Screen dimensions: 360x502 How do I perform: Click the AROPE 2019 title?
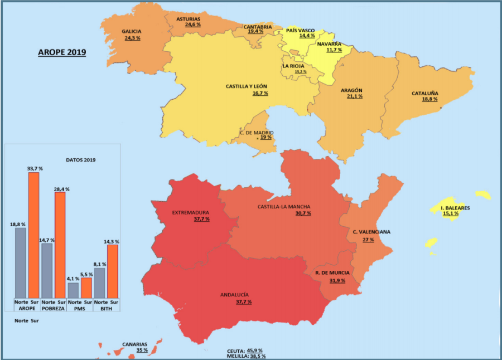pos(62,52)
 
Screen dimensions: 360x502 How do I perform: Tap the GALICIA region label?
pos(132,31)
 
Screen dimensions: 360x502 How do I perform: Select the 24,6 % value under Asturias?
pos(193,25)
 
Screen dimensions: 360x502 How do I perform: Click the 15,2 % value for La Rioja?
pos(300,72)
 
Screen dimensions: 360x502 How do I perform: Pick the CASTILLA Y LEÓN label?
pos(247,86)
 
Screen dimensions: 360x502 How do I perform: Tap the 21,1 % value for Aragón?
pos(354,96)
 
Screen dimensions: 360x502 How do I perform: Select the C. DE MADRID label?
pos(257,132)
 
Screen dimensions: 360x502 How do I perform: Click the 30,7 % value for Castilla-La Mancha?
pos(303,213)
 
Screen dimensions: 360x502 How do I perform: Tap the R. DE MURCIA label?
pos(332,273)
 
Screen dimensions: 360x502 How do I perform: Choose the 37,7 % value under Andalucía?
pos(243,301)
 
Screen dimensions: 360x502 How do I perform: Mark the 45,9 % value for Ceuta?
pos(255,350)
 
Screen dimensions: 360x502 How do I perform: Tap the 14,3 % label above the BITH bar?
pos(111,241)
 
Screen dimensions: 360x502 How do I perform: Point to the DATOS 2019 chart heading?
pos(80,160)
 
